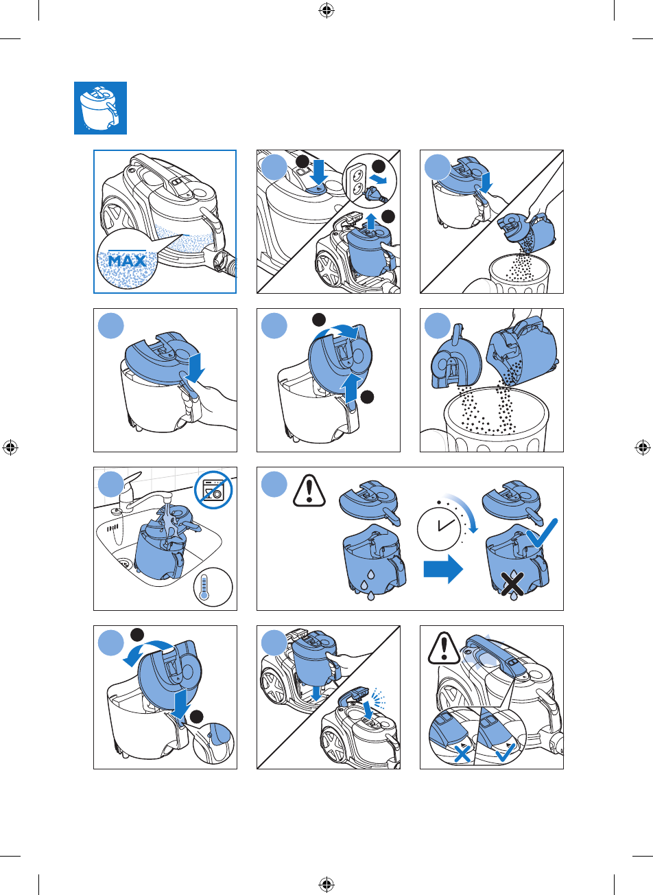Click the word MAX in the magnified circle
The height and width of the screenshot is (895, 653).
point(127,261)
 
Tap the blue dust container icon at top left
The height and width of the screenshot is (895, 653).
point(100,108)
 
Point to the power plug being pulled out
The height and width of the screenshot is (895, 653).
point(377,194)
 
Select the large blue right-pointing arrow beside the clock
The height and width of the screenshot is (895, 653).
point(443,569)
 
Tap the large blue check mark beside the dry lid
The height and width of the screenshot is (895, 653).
point(542,533)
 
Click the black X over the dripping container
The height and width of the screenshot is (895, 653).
point(513,583)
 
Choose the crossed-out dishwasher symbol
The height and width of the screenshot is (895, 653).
point(213,489)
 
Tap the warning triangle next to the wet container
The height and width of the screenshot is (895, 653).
point(309,491)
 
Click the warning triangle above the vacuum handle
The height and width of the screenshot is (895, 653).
point(444,648)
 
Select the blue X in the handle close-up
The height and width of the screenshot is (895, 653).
point(462,754)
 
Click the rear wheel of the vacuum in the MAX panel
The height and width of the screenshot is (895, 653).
point(115,220)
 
